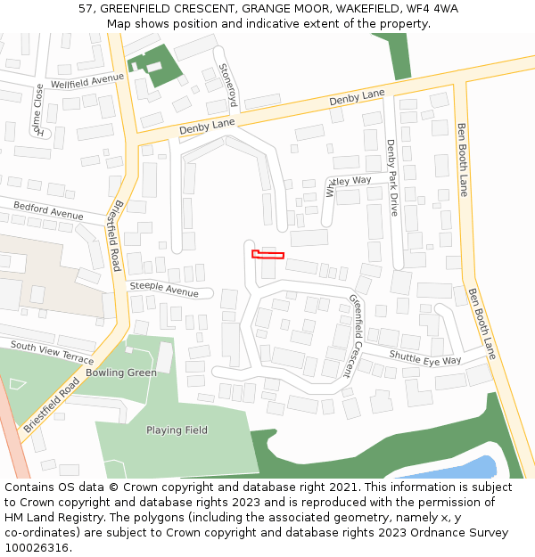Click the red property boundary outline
[x=267, y=255]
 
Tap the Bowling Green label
[x=120, y=373]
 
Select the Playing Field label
[x=177, y=430]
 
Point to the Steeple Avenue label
[x=164, y=290]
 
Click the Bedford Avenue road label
[x=48, y=211]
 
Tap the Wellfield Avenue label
[x=87, y=79]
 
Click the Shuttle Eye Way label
[x=424, y=357]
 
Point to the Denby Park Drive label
[x=392, y=177]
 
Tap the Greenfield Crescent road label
[x=357, y=336]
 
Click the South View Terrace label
[x=52, y=352]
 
